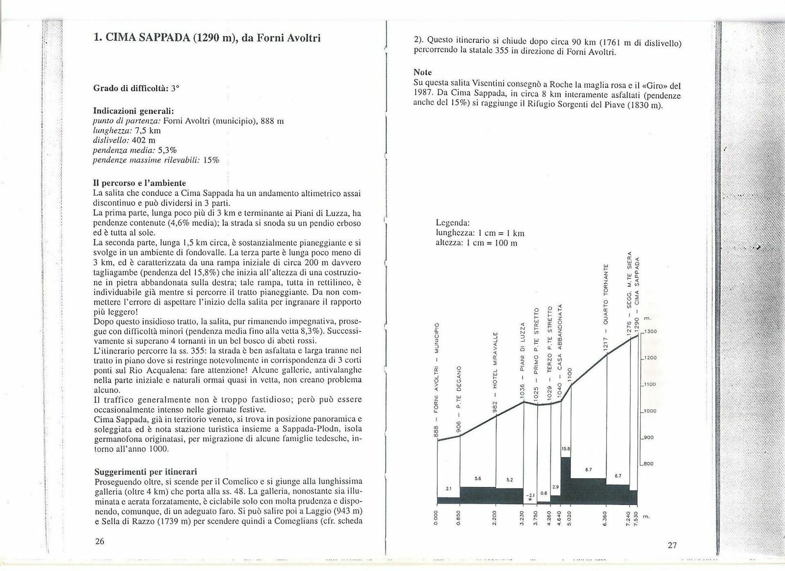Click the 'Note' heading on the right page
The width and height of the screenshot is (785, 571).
(422, 73)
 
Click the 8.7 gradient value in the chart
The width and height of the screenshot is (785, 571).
(588, 470)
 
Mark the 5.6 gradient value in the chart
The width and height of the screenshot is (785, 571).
(479, 479)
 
